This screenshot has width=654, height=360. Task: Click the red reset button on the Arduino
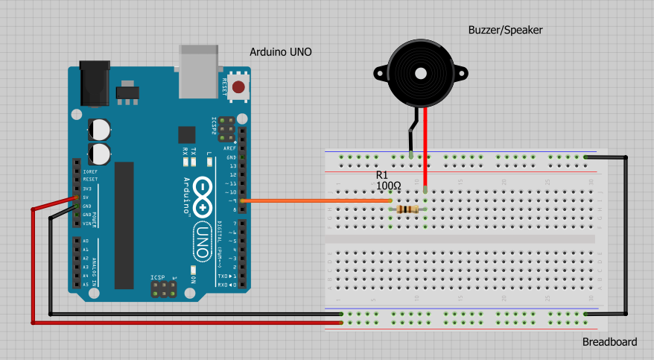point(238,87)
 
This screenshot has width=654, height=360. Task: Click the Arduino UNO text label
point(280,52)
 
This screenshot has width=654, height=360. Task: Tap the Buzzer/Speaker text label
point(505,30)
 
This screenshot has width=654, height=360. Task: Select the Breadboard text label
point(609,342)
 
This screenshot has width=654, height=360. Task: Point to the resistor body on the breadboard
point(407,209)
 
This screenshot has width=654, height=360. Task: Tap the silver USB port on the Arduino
point(200,71)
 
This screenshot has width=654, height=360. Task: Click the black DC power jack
point(95,83)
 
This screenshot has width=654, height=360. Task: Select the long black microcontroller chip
point(124,224)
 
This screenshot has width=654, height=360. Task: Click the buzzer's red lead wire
point(425,149)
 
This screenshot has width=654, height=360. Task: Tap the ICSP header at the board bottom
point(165,288)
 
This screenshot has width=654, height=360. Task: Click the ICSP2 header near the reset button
point(226,126)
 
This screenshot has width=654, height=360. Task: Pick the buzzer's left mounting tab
point(378,74)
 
